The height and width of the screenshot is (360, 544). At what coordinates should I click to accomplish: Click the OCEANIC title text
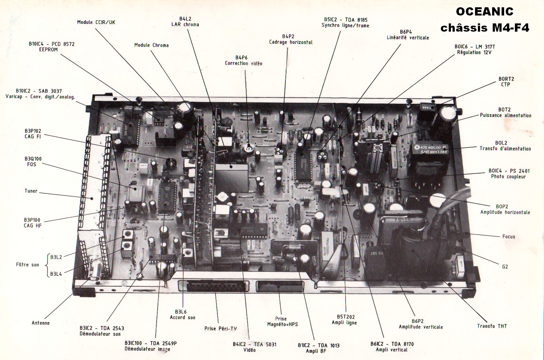pos(485,12)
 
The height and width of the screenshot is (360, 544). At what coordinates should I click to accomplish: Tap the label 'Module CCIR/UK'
pos(96,22)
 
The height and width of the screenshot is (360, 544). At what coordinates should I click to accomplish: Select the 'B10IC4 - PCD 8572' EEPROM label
pos(52,47)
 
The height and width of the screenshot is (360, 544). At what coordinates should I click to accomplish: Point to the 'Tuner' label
pos(31,191)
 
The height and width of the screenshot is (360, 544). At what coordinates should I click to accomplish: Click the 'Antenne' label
pos(41,323)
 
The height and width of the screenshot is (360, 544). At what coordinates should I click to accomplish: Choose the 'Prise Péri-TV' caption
pos(220,328)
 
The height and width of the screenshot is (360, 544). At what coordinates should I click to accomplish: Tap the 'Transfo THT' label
pos(492,326)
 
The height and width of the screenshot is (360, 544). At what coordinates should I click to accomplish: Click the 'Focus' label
pos(509,236)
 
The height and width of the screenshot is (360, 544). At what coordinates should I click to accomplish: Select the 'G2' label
pos(505,266)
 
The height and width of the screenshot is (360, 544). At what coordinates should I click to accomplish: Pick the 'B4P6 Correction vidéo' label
pos(243,60)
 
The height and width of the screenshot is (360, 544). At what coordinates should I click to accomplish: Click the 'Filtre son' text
pos(28,264)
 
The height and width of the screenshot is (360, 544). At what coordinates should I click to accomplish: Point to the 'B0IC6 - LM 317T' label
pos(474,49)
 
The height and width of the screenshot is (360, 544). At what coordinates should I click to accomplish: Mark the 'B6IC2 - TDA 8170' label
pos(392,346)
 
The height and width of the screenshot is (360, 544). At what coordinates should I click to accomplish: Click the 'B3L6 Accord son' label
pos(183,314)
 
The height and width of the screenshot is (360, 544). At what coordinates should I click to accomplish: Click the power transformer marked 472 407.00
pos(431,158)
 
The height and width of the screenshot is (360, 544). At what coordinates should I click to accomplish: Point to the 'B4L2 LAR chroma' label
pos(185,22)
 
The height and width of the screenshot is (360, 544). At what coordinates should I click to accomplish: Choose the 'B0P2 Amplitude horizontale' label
pos(505,209)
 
